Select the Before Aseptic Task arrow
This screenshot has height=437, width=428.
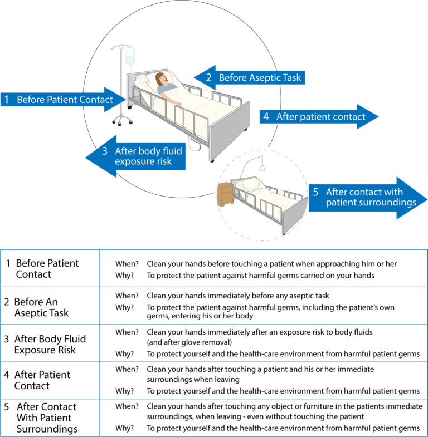[x=251, y=78]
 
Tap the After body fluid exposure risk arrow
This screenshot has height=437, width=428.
[x=137, y=156]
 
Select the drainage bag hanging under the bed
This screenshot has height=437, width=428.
[x=194, y=144]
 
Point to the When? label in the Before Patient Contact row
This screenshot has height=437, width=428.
[x=127, y=263]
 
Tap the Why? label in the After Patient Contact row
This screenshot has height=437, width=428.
[x=124, y=390]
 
